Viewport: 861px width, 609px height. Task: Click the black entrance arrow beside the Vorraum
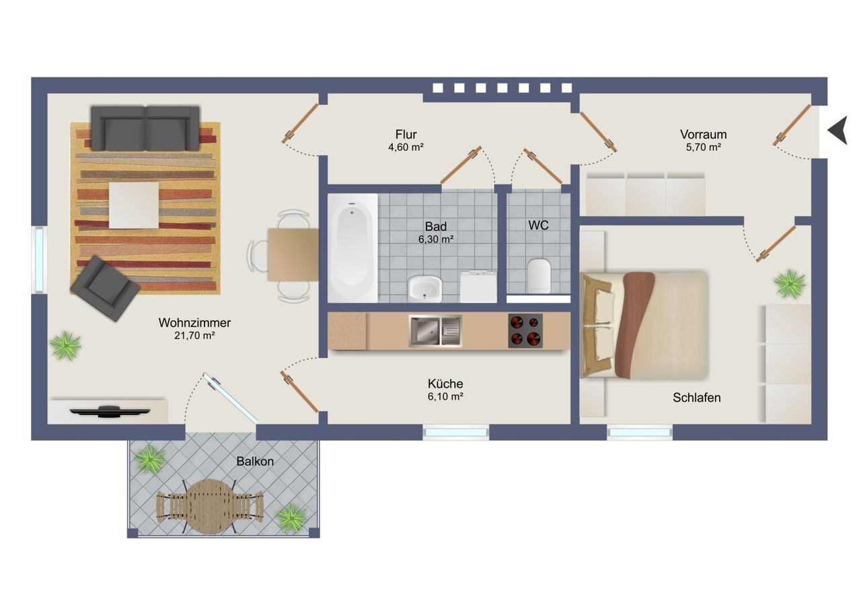[838, 131]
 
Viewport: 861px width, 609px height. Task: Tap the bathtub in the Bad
[352, 248]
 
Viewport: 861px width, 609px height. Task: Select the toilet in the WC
[539, 275]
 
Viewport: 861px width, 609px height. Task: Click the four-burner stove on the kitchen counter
[525, 330]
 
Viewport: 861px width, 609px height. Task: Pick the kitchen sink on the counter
[435, 330]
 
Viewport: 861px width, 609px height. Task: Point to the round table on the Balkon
[211, 506]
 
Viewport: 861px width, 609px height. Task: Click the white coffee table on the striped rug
[134, 205]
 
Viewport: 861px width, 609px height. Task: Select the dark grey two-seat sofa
[145, 128]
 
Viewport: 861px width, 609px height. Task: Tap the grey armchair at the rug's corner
[104, 289]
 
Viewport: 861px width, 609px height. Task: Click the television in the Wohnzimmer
[110, 411]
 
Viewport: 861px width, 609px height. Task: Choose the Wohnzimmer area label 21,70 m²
[194, 336]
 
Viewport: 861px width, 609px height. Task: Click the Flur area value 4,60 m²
[406, 147]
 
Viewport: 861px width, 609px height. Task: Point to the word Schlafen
[696, 398]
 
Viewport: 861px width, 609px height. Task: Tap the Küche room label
[445, 384]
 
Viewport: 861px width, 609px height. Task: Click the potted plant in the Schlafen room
[790, 284]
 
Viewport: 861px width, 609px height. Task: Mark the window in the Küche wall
[456, 433]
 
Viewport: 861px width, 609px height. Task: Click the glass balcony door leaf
[230, 398]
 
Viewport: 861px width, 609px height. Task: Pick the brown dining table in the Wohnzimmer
[293, 255]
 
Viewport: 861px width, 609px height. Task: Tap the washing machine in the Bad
[478, 287]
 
